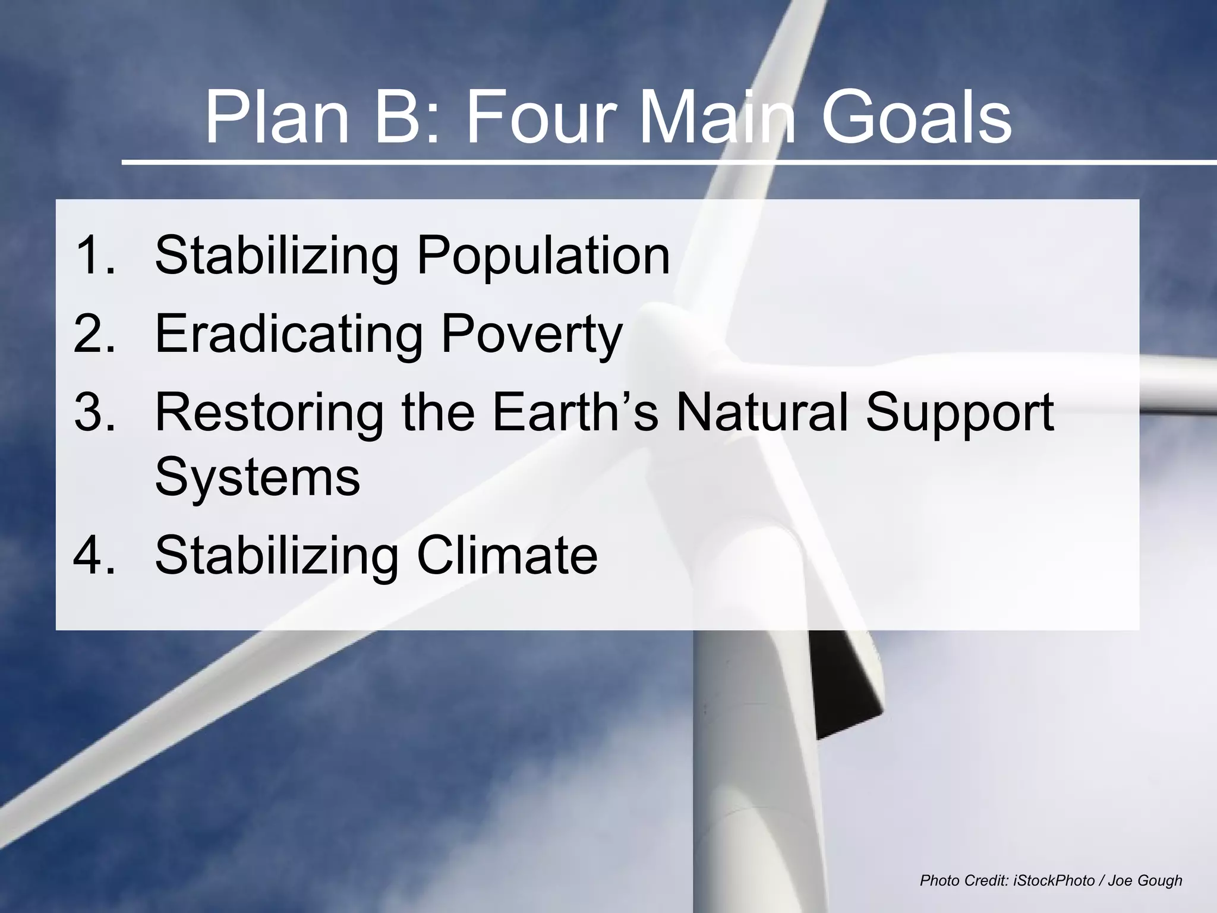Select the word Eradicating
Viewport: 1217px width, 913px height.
point(289,334)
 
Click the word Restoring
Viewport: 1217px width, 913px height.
point(269,413)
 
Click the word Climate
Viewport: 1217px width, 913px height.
point(507,555)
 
